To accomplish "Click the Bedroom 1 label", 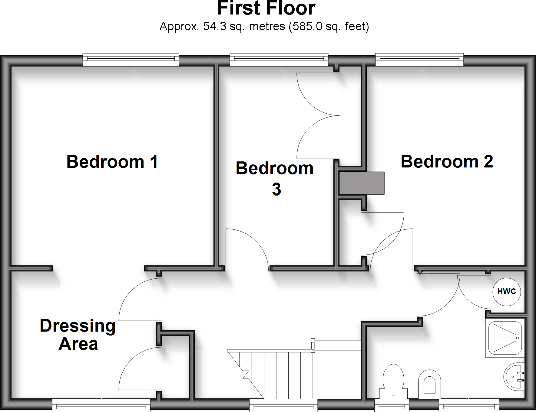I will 112,162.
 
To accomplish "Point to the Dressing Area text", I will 78,334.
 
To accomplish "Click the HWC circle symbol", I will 506,291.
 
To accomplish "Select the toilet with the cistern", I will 393,381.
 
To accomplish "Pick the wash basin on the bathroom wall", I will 514,377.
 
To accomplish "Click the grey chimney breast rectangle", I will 362,183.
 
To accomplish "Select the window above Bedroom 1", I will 131,60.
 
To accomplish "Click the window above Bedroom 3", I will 279,60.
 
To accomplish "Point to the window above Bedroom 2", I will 419,60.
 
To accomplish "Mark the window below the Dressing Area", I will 101,405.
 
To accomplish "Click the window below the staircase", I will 283,405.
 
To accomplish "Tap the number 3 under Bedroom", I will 276,190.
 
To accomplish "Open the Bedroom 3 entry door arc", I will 247,248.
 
